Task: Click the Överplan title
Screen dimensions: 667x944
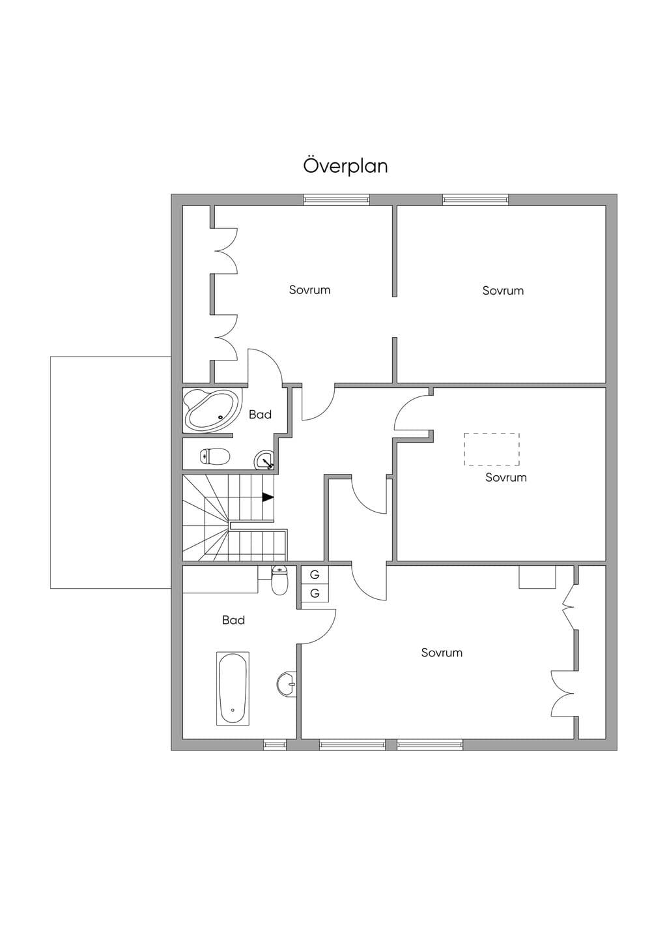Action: (x=345, y=166)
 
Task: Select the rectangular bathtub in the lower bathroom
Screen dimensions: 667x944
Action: (x=233, y=688)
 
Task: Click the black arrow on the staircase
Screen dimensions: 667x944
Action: (x=268, y=497)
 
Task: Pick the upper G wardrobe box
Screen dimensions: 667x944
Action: (x=315, y=574)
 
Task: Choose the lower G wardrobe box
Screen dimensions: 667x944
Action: (x=315, y=593)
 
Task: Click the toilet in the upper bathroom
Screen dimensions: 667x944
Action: (x=215, y=456)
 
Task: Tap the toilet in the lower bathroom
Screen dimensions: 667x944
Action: (x=279, y=580)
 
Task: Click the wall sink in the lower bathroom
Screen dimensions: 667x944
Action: (x=287, y=685)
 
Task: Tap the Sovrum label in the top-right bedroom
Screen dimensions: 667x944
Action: (x=503, y=290)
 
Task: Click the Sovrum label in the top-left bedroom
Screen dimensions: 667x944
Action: (x=309, y=289)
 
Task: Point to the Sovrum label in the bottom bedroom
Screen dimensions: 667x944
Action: (x=442, y=653)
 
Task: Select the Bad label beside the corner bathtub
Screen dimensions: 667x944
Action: (x=260, y=414)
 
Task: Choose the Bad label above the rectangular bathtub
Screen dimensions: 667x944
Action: (x=233, y=620)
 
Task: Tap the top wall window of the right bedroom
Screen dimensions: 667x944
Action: (x=475, y=199)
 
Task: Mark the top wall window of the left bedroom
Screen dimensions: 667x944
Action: (x=337, y=199)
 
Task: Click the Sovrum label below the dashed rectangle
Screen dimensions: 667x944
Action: (x=505, y=477)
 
